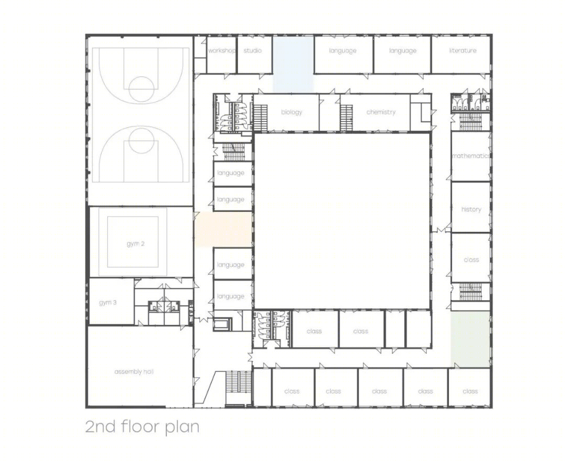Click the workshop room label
coord(222,50)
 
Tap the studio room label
coord(253,50)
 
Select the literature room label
coord(462,50)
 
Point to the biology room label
coord(291,112)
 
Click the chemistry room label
coord(381,112)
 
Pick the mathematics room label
coord(471,156)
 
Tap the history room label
coord(471,209)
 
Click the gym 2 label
coord(135,244)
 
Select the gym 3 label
coord(108,302)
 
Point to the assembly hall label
coord(134,372)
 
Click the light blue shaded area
coord(293,64)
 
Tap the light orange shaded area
coord(223,229)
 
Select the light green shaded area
coord(470,340)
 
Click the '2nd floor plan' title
coord(142,426)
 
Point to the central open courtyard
coord(342,221)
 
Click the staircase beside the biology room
coord(261,117)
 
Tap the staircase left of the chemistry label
coord(346,118)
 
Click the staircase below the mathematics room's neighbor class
coord(471,291)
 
